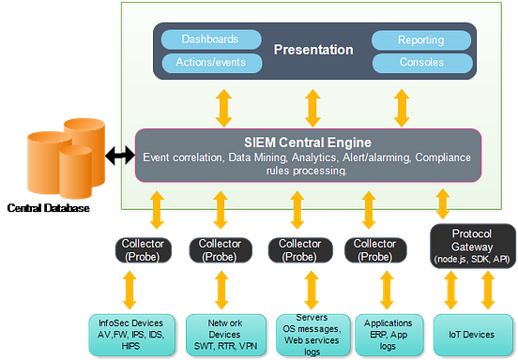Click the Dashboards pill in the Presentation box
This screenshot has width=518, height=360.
tap(209, 40)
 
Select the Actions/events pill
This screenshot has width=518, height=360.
tap(209, 63)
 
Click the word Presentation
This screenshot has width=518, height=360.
tap(314, 50)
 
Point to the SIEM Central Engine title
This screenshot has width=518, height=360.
tap(310, 142)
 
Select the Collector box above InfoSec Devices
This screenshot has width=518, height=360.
tap(144, 249)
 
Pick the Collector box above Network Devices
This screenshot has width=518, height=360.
tap(221, 249)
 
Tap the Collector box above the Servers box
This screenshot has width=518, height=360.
tap(298, 249)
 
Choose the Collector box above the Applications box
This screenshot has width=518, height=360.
tap(375, 249)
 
